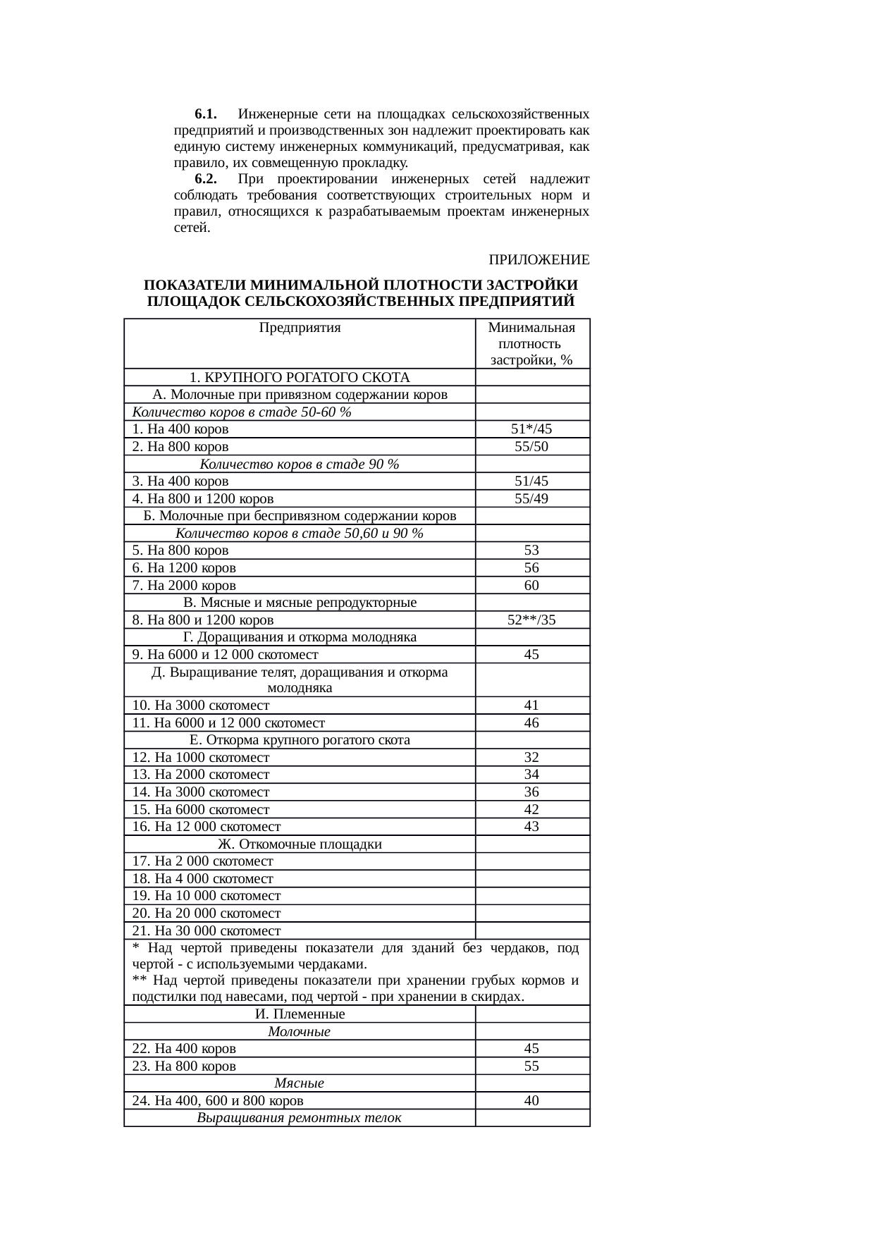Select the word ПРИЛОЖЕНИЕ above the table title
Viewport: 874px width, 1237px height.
point(539,260)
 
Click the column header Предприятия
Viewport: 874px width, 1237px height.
point(300,328)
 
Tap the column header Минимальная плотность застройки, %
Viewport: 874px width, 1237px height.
point(531,344)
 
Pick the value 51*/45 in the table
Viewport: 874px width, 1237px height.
point(531,429)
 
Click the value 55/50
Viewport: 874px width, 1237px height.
point(531,447)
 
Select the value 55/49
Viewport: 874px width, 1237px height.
point(531,499)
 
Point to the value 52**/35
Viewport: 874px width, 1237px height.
point(531,620)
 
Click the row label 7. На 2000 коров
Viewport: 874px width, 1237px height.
point(185,586)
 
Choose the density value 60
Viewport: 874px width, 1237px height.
point(531,586)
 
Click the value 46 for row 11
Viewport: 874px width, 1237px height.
point(531,723)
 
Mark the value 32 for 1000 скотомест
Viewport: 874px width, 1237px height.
point(531,758)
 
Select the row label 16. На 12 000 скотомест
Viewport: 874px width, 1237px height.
point(207,827)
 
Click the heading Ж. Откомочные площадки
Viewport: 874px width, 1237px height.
point(300,844)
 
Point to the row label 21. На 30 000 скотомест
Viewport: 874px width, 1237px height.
point(207,931)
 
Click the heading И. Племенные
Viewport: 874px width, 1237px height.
point(300,1014)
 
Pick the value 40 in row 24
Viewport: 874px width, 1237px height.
point(531,1100)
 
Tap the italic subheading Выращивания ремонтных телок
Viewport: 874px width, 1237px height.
point(300,1118)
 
